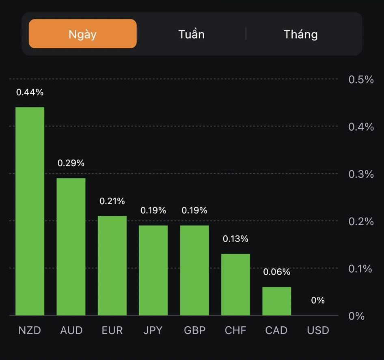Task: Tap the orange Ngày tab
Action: [x=83, y=34]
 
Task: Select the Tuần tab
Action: [x=191, y=34]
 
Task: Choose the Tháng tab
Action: [x=300, y=34]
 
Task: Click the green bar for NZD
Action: [x=30, y=211]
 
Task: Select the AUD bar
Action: [x=71, y=246]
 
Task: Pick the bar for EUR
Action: [x=112, y=265]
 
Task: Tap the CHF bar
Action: [x=235, y=284]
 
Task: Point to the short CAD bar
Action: [x=276, y=301]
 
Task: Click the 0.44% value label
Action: [x=30, y=92]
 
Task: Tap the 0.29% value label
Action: [x=71, y=163]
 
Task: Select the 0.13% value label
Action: [x=235, y=239]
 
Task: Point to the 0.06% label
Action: [x=276, y=272]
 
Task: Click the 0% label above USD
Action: [x=318, y=300]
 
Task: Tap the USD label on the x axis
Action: [x=318, y=330]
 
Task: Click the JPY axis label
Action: [x=153, y=330]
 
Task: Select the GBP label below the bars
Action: [x=194, y=330]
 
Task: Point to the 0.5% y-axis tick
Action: [x=361, y=79]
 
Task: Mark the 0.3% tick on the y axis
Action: [x=361, y=174]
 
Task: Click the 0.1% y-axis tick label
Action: [x=360, y=269]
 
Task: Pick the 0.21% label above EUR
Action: [x=112, y=201]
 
